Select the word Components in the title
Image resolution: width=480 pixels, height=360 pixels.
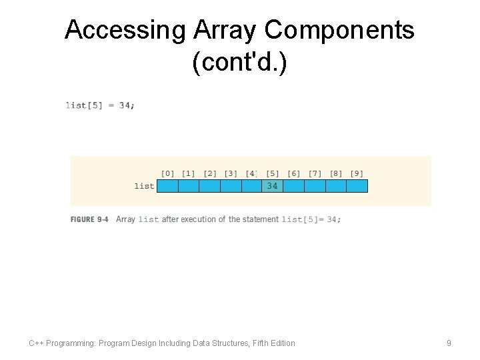340,30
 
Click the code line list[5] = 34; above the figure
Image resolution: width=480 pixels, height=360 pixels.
100,105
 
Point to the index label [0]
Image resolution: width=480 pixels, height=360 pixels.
168,174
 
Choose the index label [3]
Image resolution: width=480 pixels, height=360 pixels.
231,174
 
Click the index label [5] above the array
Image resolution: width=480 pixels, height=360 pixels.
273,174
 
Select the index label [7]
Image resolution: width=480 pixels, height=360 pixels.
315,174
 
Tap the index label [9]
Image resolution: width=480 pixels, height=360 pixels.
357,174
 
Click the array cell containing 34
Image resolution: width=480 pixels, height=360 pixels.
273,186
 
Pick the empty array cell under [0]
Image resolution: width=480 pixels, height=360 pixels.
168,186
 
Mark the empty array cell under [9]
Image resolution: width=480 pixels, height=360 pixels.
357,186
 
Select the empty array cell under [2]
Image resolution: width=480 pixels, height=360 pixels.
210,186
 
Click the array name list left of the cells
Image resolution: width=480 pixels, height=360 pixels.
144,186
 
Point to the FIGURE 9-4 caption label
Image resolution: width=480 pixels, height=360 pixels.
89,219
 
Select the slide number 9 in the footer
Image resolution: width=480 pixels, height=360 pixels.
449,343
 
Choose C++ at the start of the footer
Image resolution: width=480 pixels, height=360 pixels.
37,343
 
